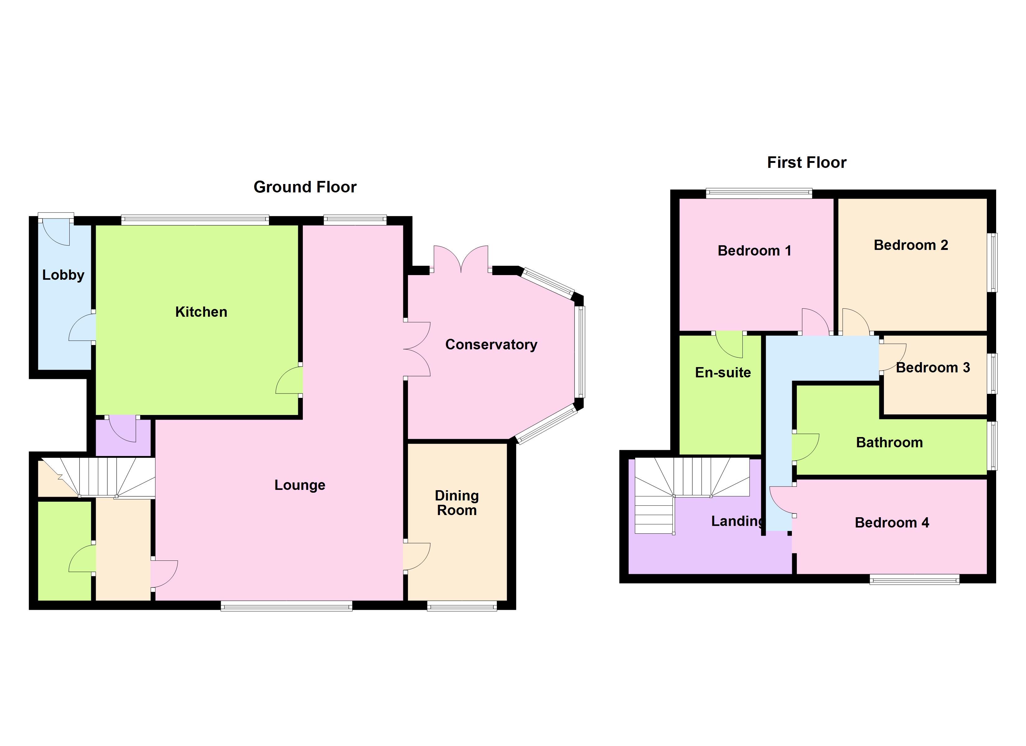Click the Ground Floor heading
[x=305, y=187]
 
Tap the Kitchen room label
[x=201, y=312]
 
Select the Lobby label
[x=63, y=275]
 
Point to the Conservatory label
[x=491, y=345]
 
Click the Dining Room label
[x=457, y=503]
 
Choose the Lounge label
[x=300, y=486]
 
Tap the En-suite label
[x=723, y=372]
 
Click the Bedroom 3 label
[x=933, y=367]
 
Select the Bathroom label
[x=890, y=442]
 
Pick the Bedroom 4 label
[x=892, y=523]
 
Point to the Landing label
[x=737, y=521]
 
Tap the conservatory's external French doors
[x=461, y=259]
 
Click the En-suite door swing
[x=729, y=345]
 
